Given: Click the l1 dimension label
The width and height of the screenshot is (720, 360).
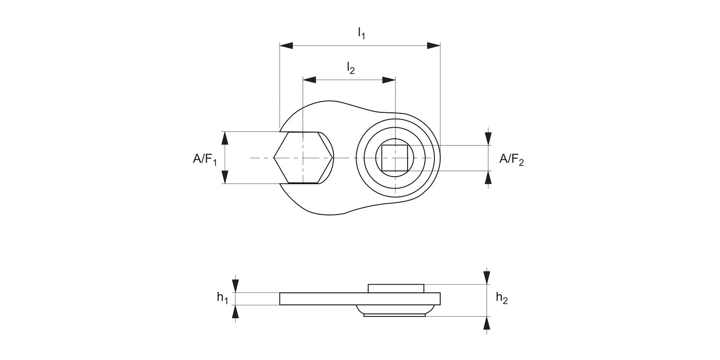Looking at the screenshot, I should click(x=361, y=33).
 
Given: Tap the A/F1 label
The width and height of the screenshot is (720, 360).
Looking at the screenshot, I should click(x=205, y=159).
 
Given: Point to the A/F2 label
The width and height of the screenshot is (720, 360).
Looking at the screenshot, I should click(x=511, y=159).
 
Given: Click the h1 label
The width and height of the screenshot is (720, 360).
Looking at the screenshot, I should click(x=222, y=298).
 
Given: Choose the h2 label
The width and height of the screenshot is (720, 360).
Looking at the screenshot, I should click(x=502, y=299).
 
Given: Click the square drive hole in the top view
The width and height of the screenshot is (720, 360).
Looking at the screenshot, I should click(x=395, y=157).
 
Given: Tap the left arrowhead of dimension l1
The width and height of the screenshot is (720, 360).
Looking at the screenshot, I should click(x=287, y=46).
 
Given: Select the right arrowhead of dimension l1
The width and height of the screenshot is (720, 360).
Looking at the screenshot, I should click(x=433, y=46).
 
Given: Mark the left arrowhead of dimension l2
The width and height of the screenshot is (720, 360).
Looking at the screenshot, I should click(x=310, y=80).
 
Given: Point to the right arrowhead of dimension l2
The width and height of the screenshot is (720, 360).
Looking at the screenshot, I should click(x=388, y=80).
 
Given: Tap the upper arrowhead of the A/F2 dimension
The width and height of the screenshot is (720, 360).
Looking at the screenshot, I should click(x=488, y=139).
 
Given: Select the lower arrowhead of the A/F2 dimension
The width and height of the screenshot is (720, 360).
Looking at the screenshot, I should click(x=488, y=177).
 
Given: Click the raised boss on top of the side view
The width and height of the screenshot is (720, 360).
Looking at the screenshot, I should click(x=396, y=288).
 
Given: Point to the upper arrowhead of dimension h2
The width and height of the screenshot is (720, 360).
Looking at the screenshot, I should click(x=487, y=278).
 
